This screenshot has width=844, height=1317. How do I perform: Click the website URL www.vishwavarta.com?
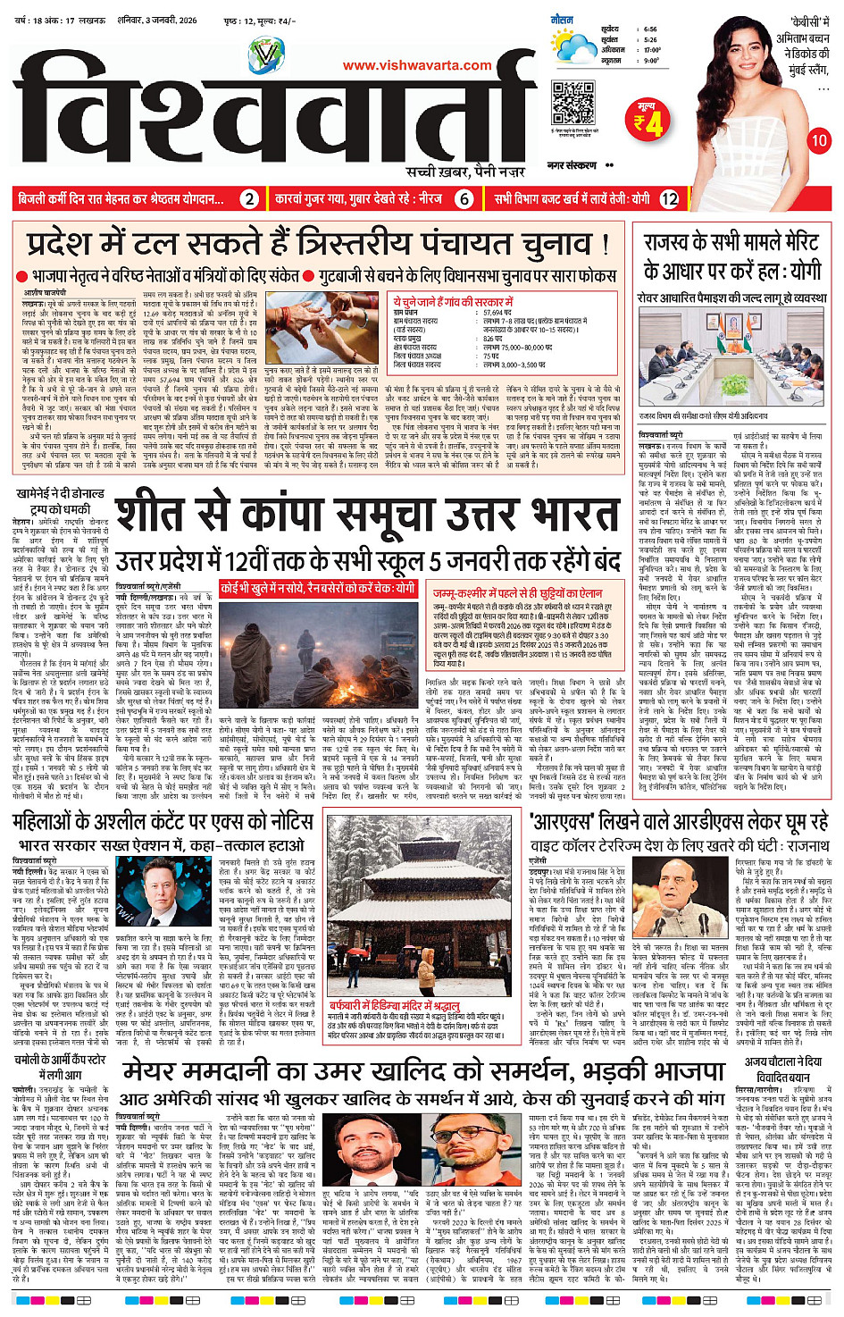[x=416, y=65]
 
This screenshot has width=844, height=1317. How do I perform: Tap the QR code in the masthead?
[x=572, y=102]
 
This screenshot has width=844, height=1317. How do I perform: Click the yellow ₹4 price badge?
[x=648, y=121]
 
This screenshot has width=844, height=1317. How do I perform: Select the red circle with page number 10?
[x=818, y=140]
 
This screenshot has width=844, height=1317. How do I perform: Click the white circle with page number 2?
[x=250, y=199]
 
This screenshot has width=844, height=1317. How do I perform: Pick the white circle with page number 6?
[x=464, y=199]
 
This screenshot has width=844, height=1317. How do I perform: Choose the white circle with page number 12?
[x=669, y=199]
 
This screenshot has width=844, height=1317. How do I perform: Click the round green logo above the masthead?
[x=264, y=56]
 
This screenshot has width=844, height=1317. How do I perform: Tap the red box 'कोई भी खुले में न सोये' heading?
[x=317, y=589]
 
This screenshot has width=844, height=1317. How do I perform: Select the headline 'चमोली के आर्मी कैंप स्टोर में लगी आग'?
[x=59, y=1067]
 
